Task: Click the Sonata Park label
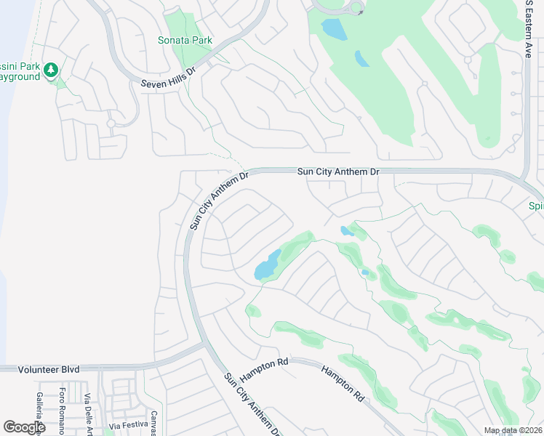[185, 40]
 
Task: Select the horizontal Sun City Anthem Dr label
[339, 171]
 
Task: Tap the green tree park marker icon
[50, 70]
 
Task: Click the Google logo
[24, 427]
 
